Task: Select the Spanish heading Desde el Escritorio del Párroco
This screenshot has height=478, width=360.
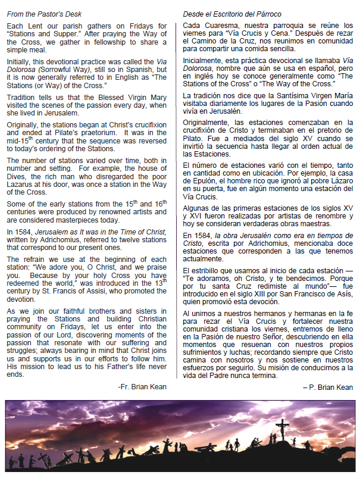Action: pos(232,13)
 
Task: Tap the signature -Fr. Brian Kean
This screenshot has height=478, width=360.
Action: pos(142,386)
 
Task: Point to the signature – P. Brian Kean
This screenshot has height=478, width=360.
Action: pos(327,387)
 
